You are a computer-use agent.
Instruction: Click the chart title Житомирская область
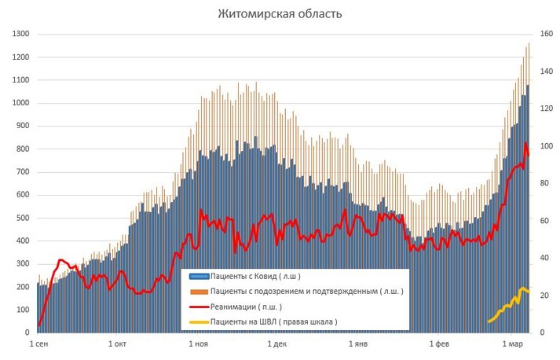click(280, 14)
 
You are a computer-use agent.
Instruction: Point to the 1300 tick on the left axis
click(19, 35)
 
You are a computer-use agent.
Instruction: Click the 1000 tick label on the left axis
click(19, 103)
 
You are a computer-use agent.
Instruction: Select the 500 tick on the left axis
click(21, 219)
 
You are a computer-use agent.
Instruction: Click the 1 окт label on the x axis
click(118, 344)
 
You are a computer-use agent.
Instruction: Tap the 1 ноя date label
click(199, 344)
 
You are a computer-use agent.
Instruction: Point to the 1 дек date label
click(276, 344)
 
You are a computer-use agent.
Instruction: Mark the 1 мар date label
click(511, 344)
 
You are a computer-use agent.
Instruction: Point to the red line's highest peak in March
click(525, 143)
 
